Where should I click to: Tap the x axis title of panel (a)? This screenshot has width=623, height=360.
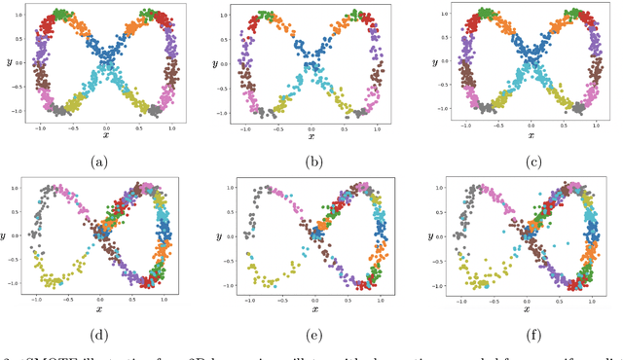coord(106,135)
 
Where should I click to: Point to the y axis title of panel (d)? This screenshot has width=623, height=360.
coord(8,235)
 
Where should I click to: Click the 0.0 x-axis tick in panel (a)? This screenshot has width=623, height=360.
coord(106,126)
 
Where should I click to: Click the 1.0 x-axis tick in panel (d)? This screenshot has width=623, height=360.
coord(163,298)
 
